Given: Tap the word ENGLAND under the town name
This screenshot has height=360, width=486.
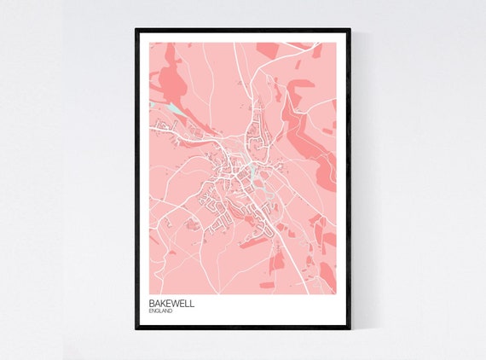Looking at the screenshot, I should tap(160, 311).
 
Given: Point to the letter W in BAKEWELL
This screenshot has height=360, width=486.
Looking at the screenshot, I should tap(176, 302).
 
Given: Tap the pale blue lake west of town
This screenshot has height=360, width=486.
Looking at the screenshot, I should tap(175, 108).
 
